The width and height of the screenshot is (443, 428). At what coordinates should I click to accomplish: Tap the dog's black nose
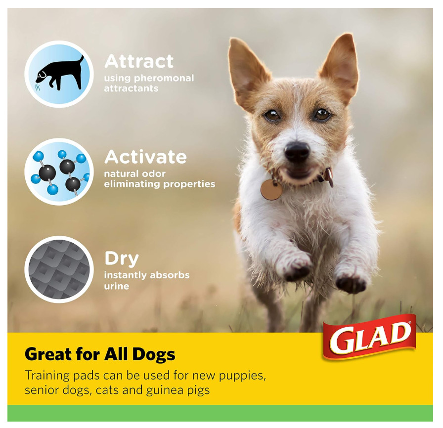tap(297, 152)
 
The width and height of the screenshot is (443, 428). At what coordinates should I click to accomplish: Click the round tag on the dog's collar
tap(270, 189)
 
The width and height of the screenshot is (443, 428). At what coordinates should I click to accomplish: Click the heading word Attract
tap(139, 61)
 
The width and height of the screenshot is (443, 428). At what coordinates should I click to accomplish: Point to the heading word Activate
tap(145, 157)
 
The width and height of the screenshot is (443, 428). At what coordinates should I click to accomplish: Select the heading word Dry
tap(121, 258)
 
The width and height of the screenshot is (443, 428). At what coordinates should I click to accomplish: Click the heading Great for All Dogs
tap(100, 354)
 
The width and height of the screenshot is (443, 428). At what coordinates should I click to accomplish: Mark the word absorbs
tap(168, 275)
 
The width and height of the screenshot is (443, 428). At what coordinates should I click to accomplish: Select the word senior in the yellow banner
tap(42, 390)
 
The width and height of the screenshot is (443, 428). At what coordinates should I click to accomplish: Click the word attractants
tap(131, 88)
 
